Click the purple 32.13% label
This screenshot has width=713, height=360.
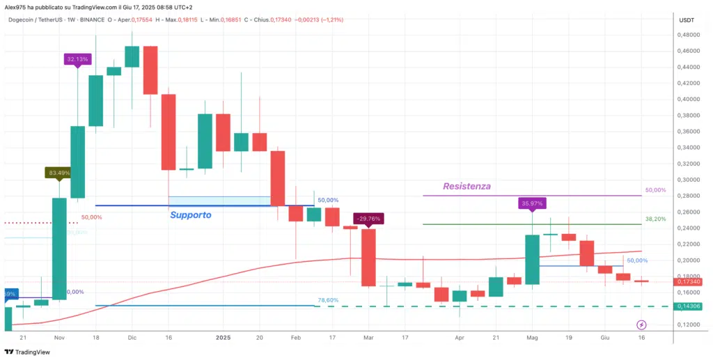[77, 59]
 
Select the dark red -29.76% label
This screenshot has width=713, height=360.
[368, 218]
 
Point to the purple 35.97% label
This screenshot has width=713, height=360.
[532, 203]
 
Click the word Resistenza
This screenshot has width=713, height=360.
[467, 186]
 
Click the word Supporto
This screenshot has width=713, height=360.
[191, 215]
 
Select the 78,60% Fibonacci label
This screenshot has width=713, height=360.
[328, 300]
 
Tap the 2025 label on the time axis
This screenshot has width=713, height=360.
[223, 336]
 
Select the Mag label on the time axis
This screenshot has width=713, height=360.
[533, 336]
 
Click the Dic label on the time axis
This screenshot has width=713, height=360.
[132, 336]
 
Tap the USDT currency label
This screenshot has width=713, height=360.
[687, 20]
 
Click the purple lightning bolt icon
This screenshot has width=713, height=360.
[642, 324]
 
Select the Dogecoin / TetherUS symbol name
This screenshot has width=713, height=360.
[38, 20]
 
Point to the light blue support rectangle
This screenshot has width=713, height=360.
[219, 201]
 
